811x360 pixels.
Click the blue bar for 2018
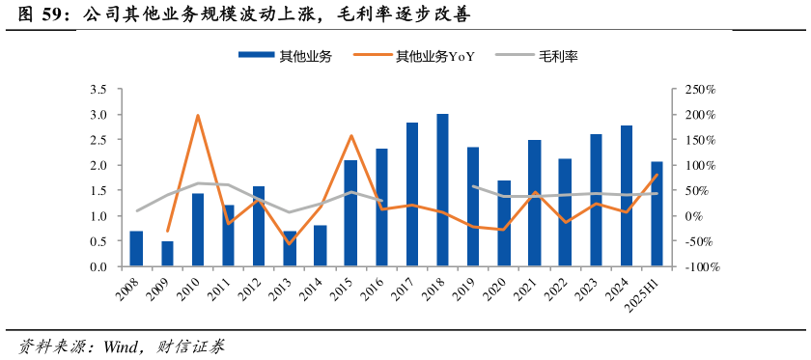[x=442, y=190]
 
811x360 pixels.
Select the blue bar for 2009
[x=167, y=254]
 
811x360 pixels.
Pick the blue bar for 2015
[x=350, y=213]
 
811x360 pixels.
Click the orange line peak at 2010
[x=198, y=116]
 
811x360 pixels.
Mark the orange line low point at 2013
[x=290, y=243]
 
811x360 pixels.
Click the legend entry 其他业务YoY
[x=434, y=56]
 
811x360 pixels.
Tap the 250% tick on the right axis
[x=698, y=90]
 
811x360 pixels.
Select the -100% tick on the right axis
[x=698, y=267]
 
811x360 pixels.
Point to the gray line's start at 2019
[x=473, y=187]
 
